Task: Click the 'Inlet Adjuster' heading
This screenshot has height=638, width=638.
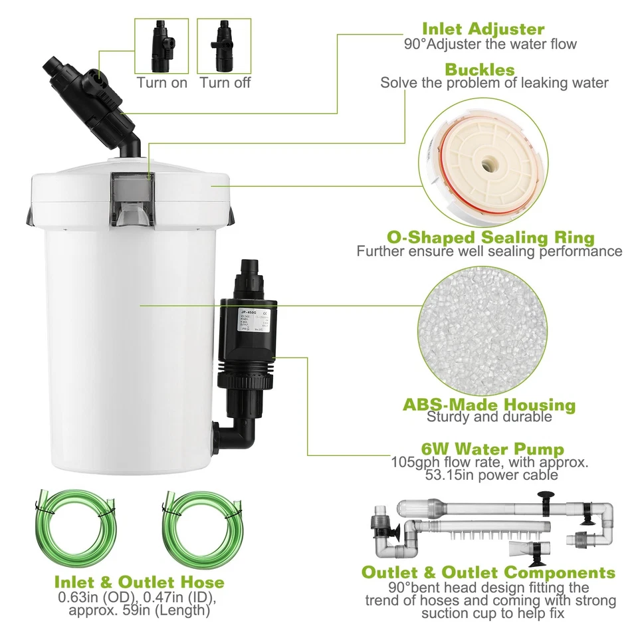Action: click(483, 29)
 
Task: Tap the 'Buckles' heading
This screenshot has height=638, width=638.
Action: click(479, 70)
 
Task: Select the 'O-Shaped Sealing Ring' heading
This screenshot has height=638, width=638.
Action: click(490, 237)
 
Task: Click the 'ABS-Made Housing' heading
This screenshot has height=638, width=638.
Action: click(489, 404)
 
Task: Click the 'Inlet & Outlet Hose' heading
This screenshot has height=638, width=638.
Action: click(139, 582)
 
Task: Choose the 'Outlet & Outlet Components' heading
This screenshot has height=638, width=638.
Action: click(488, 572)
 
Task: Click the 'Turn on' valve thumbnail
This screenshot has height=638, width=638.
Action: click(161, 46)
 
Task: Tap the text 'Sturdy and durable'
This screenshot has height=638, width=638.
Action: click(489, 417)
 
